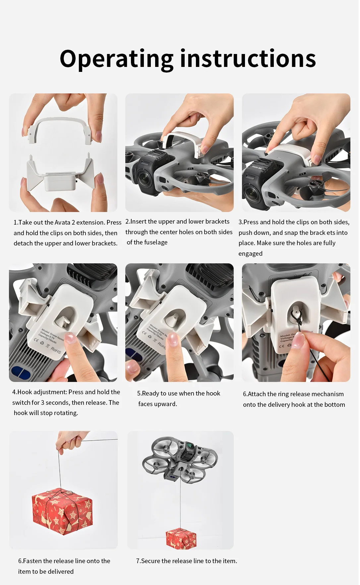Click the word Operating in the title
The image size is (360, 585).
[117, 59]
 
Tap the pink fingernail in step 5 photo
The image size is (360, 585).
[173, 340]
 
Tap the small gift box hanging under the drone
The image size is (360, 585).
[181, 538]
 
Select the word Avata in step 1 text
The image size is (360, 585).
[62, 223]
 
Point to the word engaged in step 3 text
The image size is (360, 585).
[250, 254]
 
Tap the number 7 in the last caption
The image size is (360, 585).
[138, 561]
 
